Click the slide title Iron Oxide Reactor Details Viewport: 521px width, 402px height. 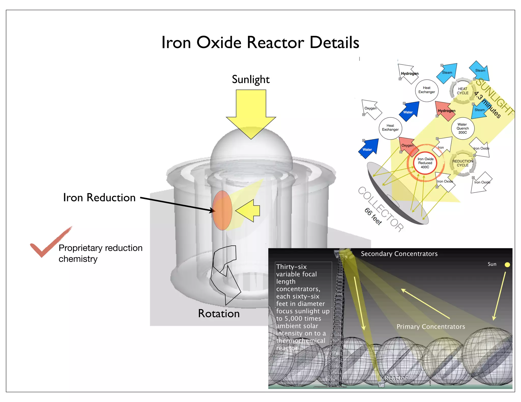[260, 42]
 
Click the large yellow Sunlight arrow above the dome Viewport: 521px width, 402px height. [251, 112]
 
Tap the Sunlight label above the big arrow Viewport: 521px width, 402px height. [251, 80]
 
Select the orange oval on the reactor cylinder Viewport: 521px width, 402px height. [222, 210]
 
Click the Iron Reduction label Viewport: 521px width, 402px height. [99, 198]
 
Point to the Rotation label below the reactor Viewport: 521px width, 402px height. [219, 314]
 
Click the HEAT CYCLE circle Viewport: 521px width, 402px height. [462, 91]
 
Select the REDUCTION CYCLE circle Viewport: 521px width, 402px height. [462, 163]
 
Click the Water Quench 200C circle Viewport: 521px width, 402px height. [462, 128]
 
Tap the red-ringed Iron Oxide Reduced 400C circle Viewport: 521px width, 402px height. [425, 163]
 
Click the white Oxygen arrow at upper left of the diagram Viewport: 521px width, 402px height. [372, 109]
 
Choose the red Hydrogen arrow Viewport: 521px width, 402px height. [445, 111]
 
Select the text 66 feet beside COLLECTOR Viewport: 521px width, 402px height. [373, 216]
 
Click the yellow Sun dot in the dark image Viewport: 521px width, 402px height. [507, 265]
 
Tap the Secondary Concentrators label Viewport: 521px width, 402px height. [399, 254]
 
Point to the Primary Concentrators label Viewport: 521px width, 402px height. [431, 327]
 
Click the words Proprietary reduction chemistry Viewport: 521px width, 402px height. [100, 253]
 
